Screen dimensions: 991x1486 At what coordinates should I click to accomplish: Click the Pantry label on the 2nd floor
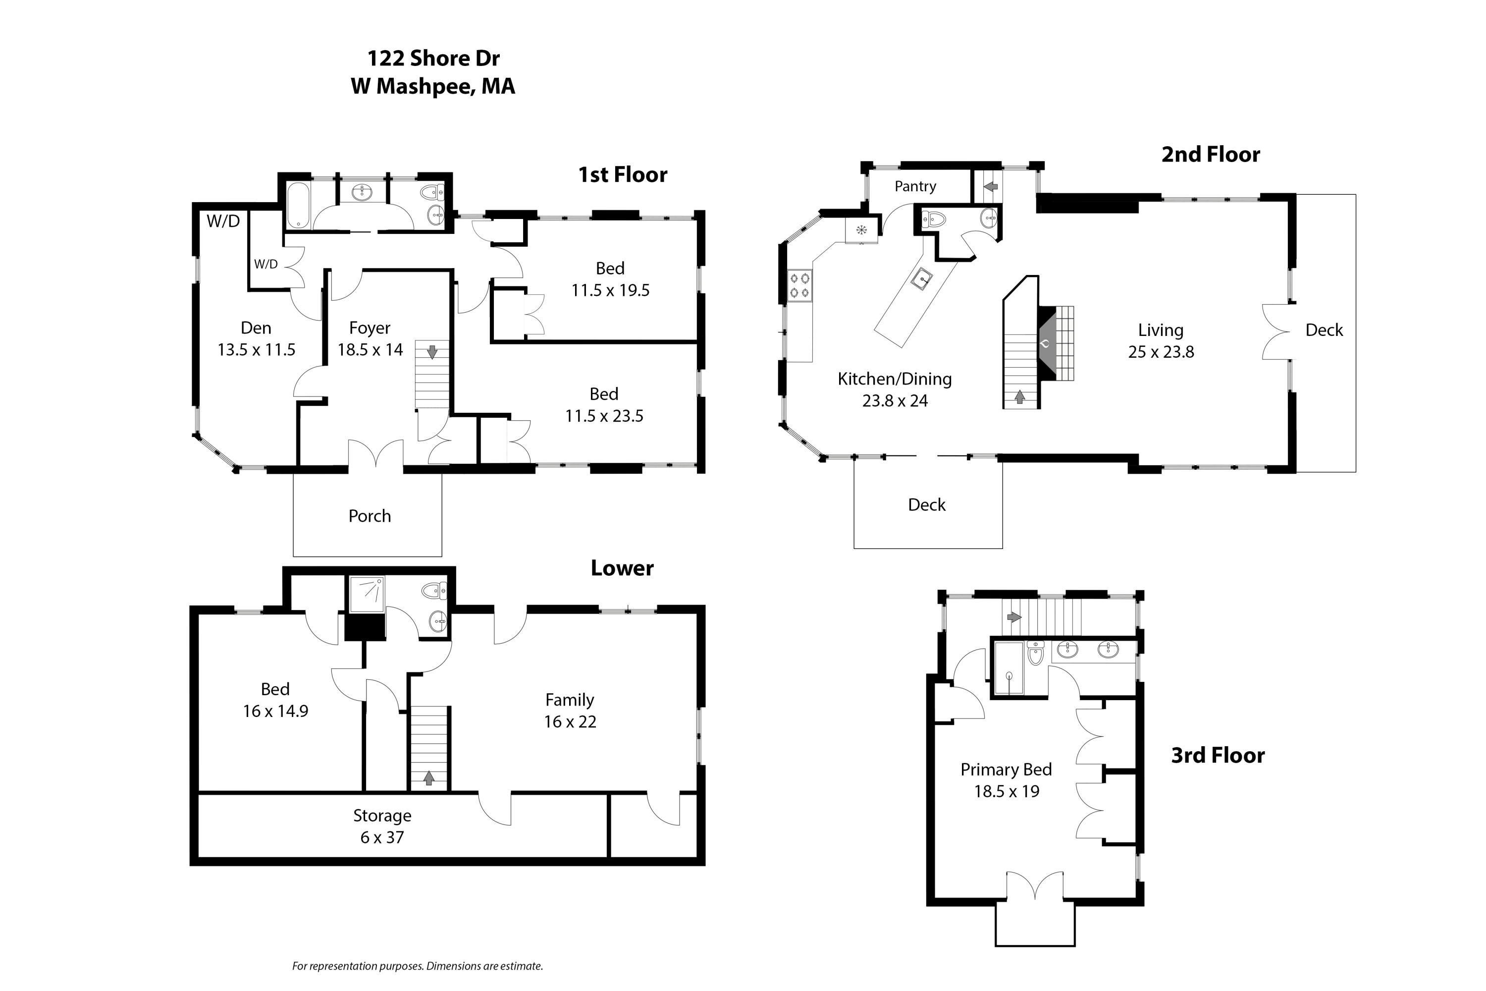915,186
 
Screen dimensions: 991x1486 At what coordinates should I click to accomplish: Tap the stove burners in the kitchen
800,285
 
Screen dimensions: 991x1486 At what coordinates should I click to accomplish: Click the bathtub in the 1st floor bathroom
298,205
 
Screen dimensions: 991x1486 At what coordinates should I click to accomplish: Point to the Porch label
370,516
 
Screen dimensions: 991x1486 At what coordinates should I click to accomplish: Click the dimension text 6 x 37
381,837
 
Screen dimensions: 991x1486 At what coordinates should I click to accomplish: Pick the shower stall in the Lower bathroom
367,594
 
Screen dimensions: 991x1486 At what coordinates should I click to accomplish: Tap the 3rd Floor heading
1218,755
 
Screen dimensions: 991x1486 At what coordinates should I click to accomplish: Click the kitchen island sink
922,278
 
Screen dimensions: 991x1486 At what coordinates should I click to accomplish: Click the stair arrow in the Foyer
432,352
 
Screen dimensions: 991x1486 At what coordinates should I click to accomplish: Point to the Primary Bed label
1006,770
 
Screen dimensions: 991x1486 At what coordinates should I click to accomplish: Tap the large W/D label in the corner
223,221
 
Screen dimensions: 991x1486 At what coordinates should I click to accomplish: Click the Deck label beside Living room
1324,330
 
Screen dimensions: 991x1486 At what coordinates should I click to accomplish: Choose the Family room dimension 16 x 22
570,722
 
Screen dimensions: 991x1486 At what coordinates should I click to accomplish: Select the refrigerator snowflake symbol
861,230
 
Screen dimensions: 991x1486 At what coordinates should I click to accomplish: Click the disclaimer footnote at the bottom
417,966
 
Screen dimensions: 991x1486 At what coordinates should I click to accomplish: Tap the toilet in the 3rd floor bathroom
1035,654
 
